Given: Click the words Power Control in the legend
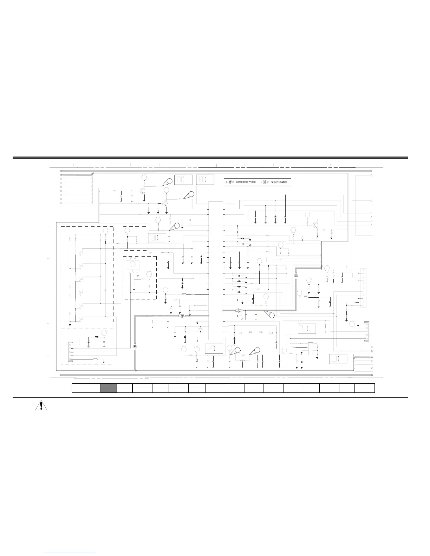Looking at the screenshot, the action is click(279, 182).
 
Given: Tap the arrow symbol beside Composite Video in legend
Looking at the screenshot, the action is click(230, 182).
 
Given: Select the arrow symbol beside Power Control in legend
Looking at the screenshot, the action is click(265, 182).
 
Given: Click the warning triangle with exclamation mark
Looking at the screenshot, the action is click(42, 406).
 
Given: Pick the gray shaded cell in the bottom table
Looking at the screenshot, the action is click(109, 388).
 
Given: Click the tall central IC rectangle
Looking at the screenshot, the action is click(216, 270).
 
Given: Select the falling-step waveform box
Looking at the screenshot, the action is click(307, 329).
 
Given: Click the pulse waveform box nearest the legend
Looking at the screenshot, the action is click(205, 179).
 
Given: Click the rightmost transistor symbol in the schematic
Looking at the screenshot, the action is click(315, 226).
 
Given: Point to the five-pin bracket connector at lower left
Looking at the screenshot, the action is click(70, 351).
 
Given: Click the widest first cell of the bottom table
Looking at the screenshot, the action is click(86, 388).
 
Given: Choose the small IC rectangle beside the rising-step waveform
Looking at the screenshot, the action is click(310, 349).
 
